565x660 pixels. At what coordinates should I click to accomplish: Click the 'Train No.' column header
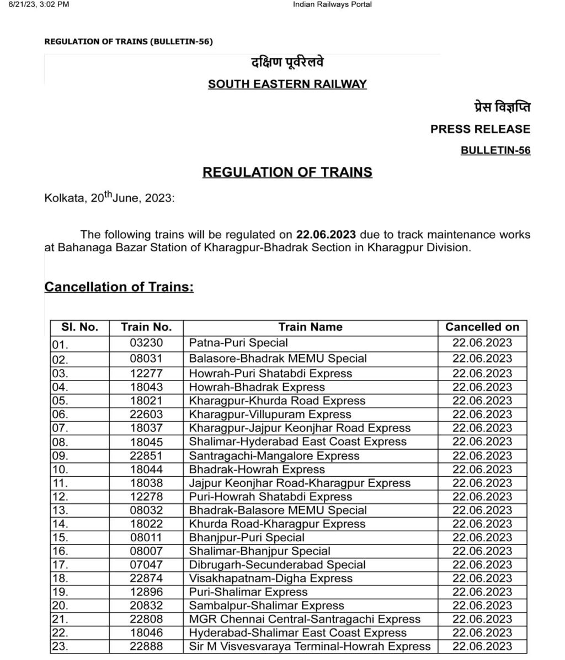(146, 327)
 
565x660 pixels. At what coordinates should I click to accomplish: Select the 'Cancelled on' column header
(482, 327)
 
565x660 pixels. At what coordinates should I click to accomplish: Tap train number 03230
(146, 343)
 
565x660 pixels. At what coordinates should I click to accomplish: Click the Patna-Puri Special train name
(238, 343)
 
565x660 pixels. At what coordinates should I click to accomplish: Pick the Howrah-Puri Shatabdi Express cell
(270, 373)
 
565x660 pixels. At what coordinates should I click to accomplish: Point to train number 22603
(146, 414)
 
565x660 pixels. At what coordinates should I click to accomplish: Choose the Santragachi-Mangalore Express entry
(274, 456)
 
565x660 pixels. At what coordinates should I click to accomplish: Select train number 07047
(146, 564)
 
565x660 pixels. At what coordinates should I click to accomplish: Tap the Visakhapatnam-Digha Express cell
(270, 578)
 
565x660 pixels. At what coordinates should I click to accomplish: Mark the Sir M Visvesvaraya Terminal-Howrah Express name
(310, 646)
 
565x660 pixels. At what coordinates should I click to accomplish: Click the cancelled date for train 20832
(482, 605)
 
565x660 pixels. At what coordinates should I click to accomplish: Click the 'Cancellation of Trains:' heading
(119, 287)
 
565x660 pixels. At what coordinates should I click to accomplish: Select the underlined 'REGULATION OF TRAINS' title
(287, 172)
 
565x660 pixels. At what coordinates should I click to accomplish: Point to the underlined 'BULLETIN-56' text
(495, 150)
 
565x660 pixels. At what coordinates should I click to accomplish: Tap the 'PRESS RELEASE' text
(480, 129)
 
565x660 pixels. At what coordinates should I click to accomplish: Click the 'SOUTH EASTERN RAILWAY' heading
(287, 85)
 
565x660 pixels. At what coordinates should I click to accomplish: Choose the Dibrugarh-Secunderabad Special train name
(277, 564)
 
